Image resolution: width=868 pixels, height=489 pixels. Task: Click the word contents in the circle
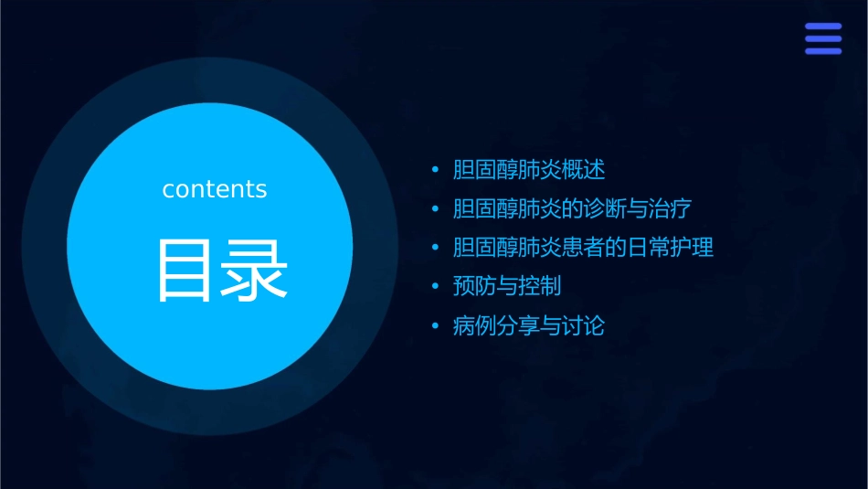click(x=215, y=189)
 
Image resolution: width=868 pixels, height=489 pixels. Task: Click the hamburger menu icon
click(x=822, y=38)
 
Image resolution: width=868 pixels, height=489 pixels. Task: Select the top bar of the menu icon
click(x=822, y=27)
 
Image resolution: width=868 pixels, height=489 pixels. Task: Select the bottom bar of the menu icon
click(x=822, y=51)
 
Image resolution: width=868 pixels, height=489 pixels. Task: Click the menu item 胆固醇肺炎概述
click(x=529, y=170)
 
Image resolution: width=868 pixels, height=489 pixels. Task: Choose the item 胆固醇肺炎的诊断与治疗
click(x=572, y=209)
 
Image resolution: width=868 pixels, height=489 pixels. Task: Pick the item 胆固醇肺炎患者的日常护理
click(x=583, y=248)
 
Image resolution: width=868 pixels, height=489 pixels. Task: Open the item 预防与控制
click(x=507, y=286)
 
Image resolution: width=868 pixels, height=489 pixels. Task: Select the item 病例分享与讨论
click(x=529, y=325)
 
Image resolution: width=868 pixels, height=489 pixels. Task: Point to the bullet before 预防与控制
click(x=435, y=287)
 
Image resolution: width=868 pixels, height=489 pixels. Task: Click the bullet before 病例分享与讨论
click(x=435, y=326)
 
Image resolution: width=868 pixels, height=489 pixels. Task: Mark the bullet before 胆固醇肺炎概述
click(x=435, y=171)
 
